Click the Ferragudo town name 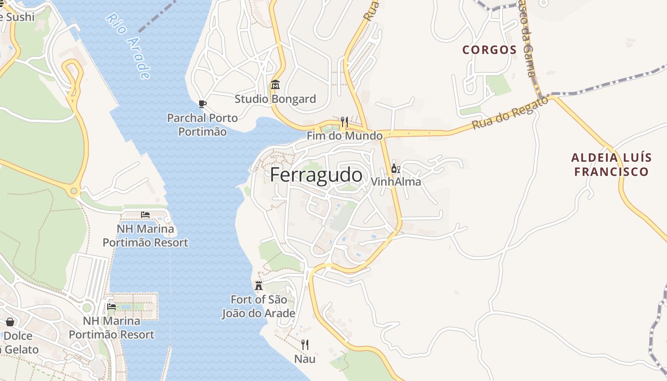(316, 175)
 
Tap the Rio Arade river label (128, 46)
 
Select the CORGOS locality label (489, 50)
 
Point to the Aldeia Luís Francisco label (611, 165)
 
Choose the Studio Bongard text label (275, 99)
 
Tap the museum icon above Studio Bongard (275, 85)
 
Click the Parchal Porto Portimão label (202, 124)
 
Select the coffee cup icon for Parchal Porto (202, 104)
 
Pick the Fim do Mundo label (344, 136)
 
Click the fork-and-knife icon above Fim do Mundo (344, 122)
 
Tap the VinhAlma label (395, 182)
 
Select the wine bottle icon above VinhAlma (395, 168)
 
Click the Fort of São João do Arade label (258, 307)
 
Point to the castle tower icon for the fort (259, 286)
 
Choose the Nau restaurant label (304, 359)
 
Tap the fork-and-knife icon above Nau (304, 345)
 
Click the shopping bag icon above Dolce (10, 322)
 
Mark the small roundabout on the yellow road (74, 192)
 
